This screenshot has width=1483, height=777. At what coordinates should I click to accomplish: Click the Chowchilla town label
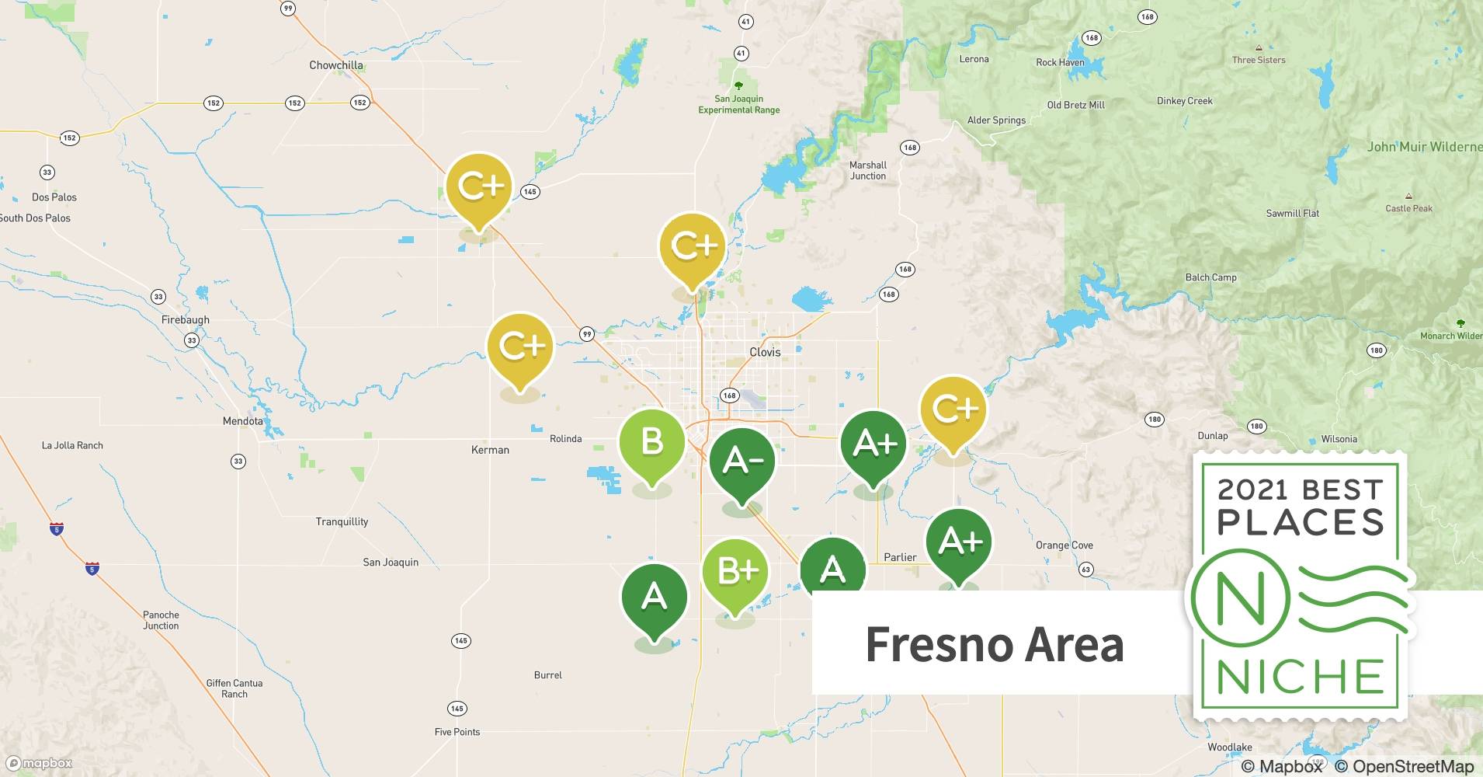pos(335,65)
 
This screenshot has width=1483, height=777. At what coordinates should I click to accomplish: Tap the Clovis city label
pos(765,352)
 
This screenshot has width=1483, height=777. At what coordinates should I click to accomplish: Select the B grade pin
pos(651,442)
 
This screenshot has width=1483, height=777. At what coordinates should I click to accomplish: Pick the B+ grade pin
pos(735,572)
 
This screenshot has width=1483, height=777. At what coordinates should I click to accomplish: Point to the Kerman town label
pos(490,450)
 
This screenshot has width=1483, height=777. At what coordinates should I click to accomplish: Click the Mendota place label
pos(243,421)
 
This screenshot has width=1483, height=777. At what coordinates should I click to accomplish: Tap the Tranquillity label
pos(342,521)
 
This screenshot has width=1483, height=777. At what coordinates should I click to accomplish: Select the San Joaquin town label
pos(391,562)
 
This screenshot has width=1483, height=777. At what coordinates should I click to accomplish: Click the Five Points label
pos(457,732)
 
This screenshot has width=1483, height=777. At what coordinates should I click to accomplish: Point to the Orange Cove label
pos(1064,545)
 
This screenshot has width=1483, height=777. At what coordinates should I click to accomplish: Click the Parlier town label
pos(900,557)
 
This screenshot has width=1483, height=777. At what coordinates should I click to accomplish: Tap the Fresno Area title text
pos(995,644)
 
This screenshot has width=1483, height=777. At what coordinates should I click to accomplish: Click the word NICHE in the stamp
pos(1300,677)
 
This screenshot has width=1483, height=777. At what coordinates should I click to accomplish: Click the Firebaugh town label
pos(185,320)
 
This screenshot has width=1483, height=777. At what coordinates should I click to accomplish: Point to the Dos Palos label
pos(54,197)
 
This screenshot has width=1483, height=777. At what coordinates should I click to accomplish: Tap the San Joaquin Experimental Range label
pos(738,104)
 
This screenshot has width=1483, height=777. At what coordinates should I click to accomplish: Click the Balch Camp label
pos(1210,277)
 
